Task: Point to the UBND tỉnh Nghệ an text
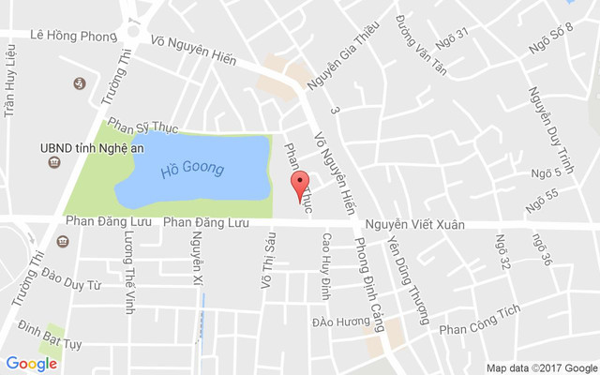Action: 91,147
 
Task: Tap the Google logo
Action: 32,363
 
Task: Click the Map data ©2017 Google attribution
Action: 541,367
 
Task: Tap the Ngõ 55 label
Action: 542,200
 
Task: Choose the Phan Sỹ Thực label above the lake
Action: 142,125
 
